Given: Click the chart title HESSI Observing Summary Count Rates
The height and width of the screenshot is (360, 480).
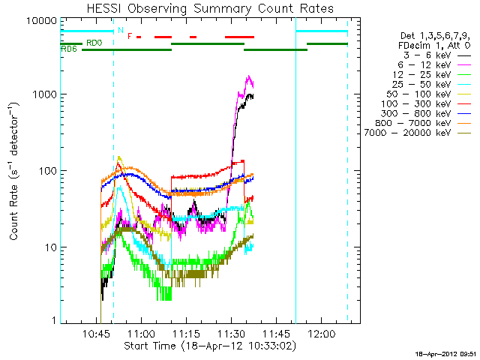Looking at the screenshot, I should tap(210, 8).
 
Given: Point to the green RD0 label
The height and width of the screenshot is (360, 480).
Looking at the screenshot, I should tap(94, 43).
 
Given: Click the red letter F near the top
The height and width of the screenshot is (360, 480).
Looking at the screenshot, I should tap(129, 36).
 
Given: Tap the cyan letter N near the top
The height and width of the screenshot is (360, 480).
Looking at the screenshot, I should tap(120, 31).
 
